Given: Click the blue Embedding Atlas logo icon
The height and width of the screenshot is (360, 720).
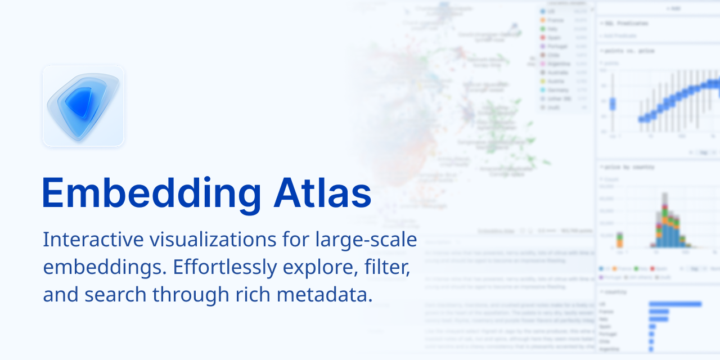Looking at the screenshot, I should (83, 106).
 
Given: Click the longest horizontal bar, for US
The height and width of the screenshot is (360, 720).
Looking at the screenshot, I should (675, 304).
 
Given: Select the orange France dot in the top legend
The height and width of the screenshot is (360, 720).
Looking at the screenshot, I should (542, 20).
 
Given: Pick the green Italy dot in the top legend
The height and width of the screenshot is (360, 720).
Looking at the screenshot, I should (542, 29).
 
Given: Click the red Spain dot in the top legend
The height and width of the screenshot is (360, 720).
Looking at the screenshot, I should (542, 38).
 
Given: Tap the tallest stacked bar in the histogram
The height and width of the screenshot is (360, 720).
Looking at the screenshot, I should (665, 219).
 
